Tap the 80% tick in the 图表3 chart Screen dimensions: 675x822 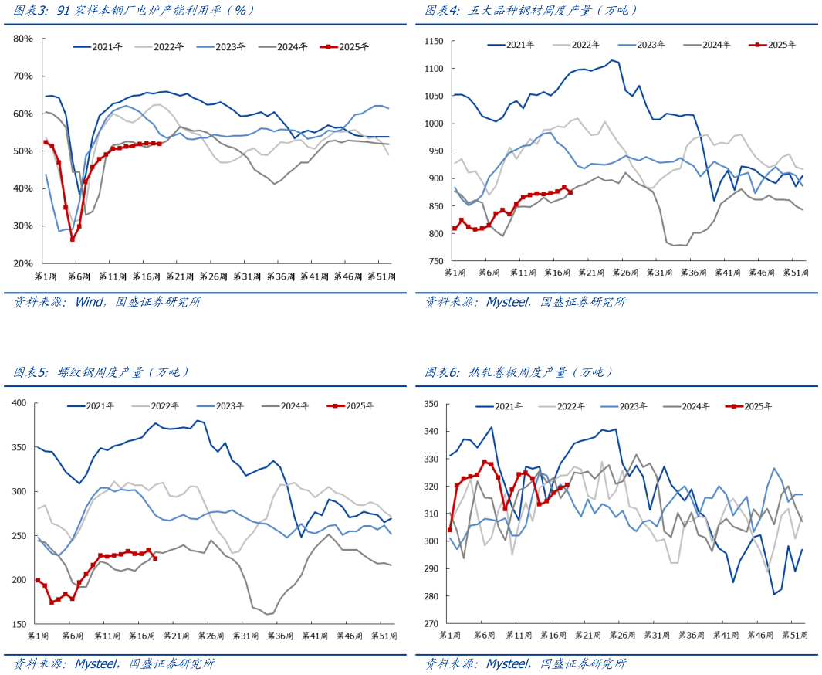[22, 39]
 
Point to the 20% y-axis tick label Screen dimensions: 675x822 [22, 263]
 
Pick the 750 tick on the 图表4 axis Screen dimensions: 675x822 [437, 261]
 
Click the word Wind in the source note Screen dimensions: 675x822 [90, 302]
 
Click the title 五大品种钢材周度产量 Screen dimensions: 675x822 [532, 11]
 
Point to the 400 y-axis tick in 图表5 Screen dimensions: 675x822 [19, 403]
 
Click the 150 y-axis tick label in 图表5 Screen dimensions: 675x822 [19, 624]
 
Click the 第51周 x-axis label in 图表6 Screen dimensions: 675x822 [796, 634]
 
